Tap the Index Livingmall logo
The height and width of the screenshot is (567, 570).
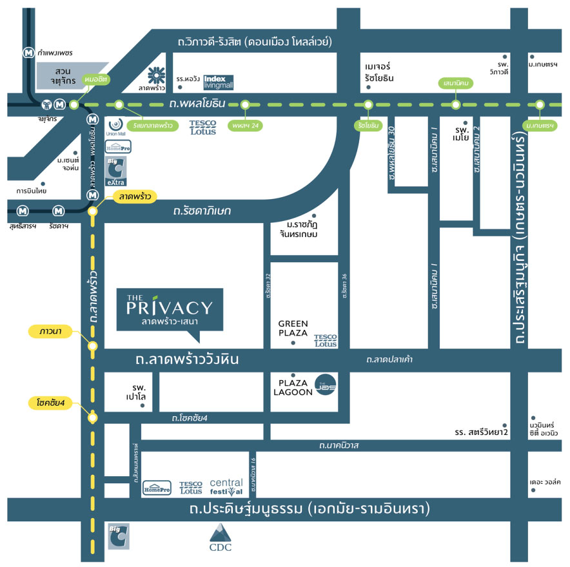tap(219, 82)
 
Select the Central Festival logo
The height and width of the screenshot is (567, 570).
tap(226, 486)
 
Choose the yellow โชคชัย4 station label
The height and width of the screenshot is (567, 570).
tap(52, 403)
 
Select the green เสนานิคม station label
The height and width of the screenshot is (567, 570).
tap(456, 83)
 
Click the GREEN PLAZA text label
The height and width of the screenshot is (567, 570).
tap(293, 328)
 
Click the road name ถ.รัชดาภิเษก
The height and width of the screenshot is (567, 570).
tap(201, 211)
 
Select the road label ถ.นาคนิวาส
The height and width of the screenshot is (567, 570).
tap(339, 445)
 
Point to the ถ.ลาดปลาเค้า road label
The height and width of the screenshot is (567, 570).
tap(389, 359)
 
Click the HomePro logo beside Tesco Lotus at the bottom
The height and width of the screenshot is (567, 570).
tap(157, 487)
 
